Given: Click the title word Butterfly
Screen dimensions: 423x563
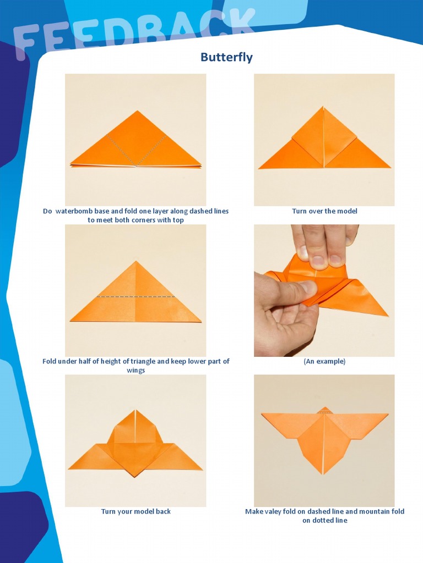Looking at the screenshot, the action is coord(226,57).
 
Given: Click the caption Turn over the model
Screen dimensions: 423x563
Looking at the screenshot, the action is coord(324,211).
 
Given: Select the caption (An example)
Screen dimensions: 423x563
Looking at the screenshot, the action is coord(324,361).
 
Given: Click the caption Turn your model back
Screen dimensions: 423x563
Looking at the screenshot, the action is coord(135,511).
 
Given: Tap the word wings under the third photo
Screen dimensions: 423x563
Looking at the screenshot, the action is coord(135,370).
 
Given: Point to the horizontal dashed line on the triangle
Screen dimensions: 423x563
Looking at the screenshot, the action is coord(135,296).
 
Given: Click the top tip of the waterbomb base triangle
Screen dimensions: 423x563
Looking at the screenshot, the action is coord(137,111).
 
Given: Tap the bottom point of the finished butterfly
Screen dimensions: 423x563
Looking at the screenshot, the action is coord(323,474).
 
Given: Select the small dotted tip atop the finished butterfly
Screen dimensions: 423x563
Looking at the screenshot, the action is coord(324,410).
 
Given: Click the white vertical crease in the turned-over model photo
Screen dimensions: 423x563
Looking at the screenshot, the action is coord(323,137).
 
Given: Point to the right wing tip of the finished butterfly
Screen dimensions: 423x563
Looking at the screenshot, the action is coord(387,415).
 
